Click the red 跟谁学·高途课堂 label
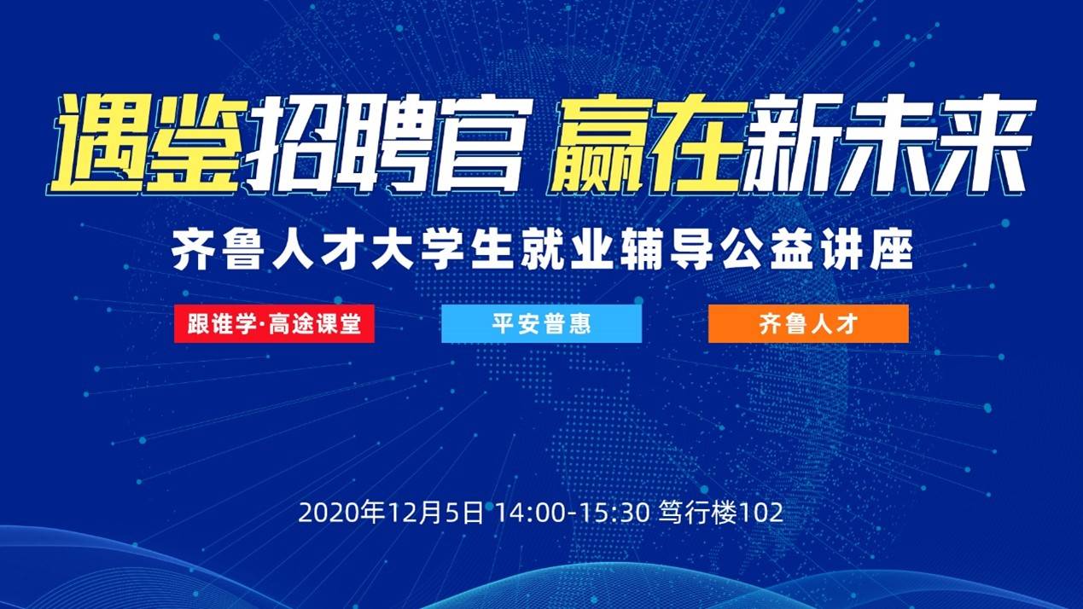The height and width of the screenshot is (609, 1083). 274,324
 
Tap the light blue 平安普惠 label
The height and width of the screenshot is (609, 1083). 541,324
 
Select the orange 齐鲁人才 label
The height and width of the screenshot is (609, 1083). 807,324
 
